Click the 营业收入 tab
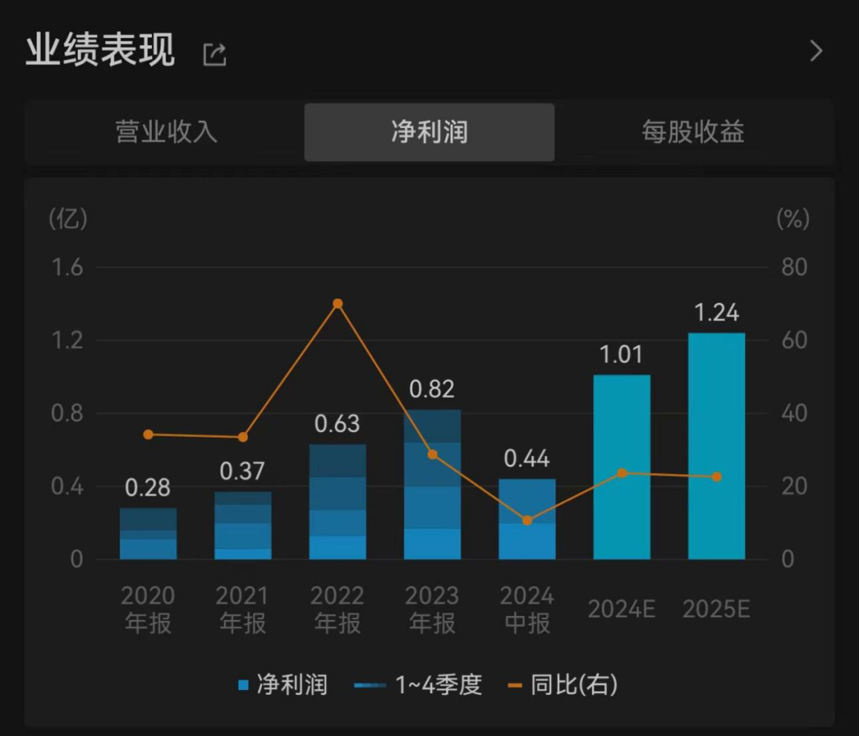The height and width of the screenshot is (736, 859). pyautogui.click(x=166, y=132)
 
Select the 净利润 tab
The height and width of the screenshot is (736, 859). pyautogui.click(x=429, y=132)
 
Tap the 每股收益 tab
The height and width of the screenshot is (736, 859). pyautogui.click(x=693, y=132)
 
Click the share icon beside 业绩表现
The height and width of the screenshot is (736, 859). pyautogui.click(x=215, y=54)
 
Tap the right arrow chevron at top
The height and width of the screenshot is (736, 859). pyautogui.click(x=815, y=52)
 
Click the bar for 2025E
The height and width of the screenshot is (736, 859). pyautogui.click(x=717, y=446)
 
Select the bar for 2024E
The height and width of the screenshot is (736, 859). pyautogui.click(x=622, y=467)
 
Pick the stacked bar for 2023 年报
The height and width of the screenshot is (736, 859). pyautogui.click(x=433, y=485)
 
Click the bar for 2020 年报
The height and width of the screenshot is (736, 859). pyautogui.click(x=149, y=533)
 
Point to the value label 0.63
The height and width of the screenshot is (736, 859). pyautogui.click(x=337, y=424)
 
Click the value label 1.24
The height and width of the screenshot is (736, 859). pyautogui.click(x=717, y=313)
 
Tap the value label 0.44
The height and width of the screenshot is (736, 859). pyautogui.click(x=527, y=458)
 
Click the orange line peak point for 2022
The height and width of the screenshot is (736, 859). pyautogui.click(x=337, y=304)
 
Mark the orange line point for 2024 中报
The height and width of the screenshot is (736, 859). pyautogui.click(x=527, y=520)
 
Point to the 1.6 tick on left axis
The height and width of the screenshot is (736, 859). pyautogui.click(x=68, y=267)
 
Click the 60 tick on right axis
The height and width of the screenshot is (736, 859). pyautogui.click(x=794, y=341)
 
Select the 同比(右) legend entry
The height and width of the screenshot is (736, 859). pyautogui.click(x=563, y=684)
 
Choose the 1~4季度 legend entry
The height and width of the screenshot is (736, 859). pyautogui.click(x=418, y=684)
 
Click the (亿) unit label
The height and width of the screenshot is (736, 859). pyautogui.click(x=68, y=219)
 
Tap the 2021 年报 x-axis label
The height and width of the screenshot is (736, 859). pyautogui.click(x=243, y=609)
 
